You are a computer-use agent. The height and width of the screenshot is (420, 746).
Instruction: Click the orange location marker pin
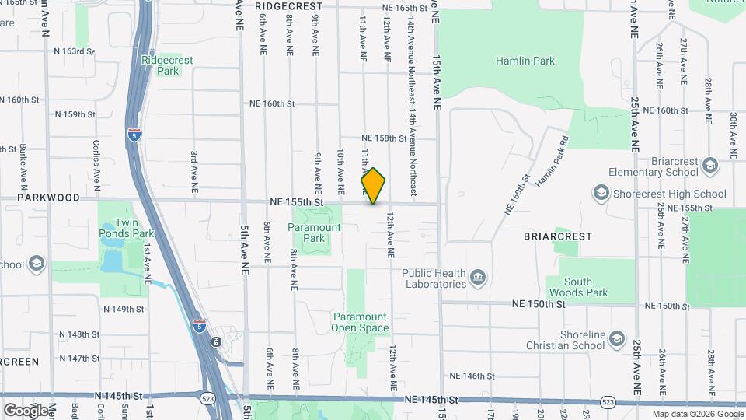tap(373, 186)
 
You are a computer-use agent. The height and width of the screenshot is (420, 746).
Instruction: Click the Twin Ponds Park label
tap(123, 216)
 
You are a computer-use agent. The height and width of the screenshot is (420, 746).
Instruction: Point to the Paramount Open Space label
tap(360, 322)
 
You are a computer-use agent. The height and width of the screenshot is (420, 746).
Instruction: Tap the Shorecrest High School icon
tap(601, 193)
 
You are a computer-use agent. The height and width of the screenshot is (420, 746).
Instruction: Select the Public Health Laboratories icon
tap(478, 277)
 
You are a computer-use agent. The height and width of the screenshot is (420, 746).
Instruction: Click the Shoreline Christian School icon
tap(617, 339)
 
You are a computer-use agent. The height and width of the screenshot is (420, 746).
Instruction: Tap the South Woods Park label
tap(577, 287)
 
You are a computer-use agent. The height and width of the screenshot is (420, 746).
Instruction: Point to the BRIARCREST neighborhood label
tap(557, 236)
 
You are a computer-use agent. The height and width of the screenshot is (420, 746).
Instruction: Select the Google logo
tap(26, 410)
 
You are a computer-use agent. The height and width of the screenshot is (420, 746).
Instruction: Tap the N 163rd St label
tap(74, 51)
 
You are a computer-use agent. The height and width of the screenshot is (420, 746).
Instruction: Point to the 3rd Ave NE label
tap(193, 171)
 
